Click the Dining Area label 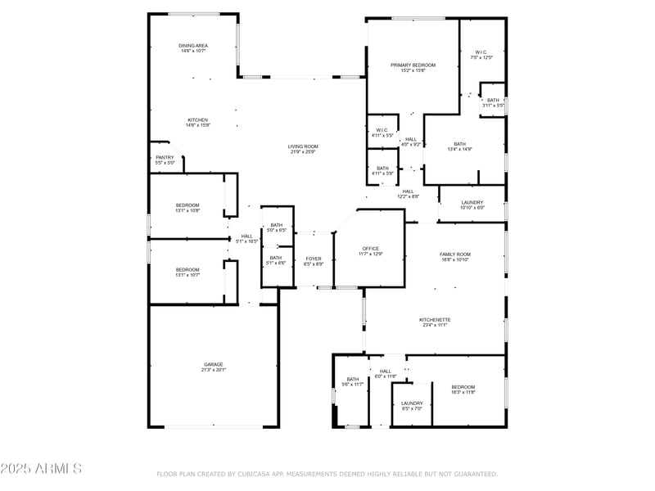(x=193, y=47)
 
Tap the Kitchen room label (x=197, y=122)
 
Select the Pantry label (x=165, y=160)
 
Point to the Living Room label (x=302, y=149)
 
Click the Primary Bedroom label (x=411, y=67)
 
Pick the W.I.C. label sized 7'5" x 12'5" (x=482, y=55)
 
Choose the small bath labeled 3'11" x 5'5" (x=493, y=102)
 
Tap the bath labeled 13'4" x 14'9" (x=459, y=146)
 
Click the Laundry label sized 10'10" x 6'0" (x=472, y=205)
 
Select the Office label (x=371, y=250)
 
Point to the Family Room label (x=455, y=256)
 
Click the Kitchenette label (x=435, y=322)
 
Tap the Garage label (x=214, y=367)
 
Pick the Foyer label (x=314, y=261)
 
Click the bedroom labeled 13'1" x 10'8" (x=187, y=207)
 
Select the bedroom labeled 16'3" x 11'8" (x=463, y=390)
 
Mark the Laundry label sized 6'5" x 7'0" (x=412, y=405)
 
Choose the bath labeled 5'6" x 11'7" (x=352, y=381)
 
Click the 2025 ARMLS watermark (x=41, y=469)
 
